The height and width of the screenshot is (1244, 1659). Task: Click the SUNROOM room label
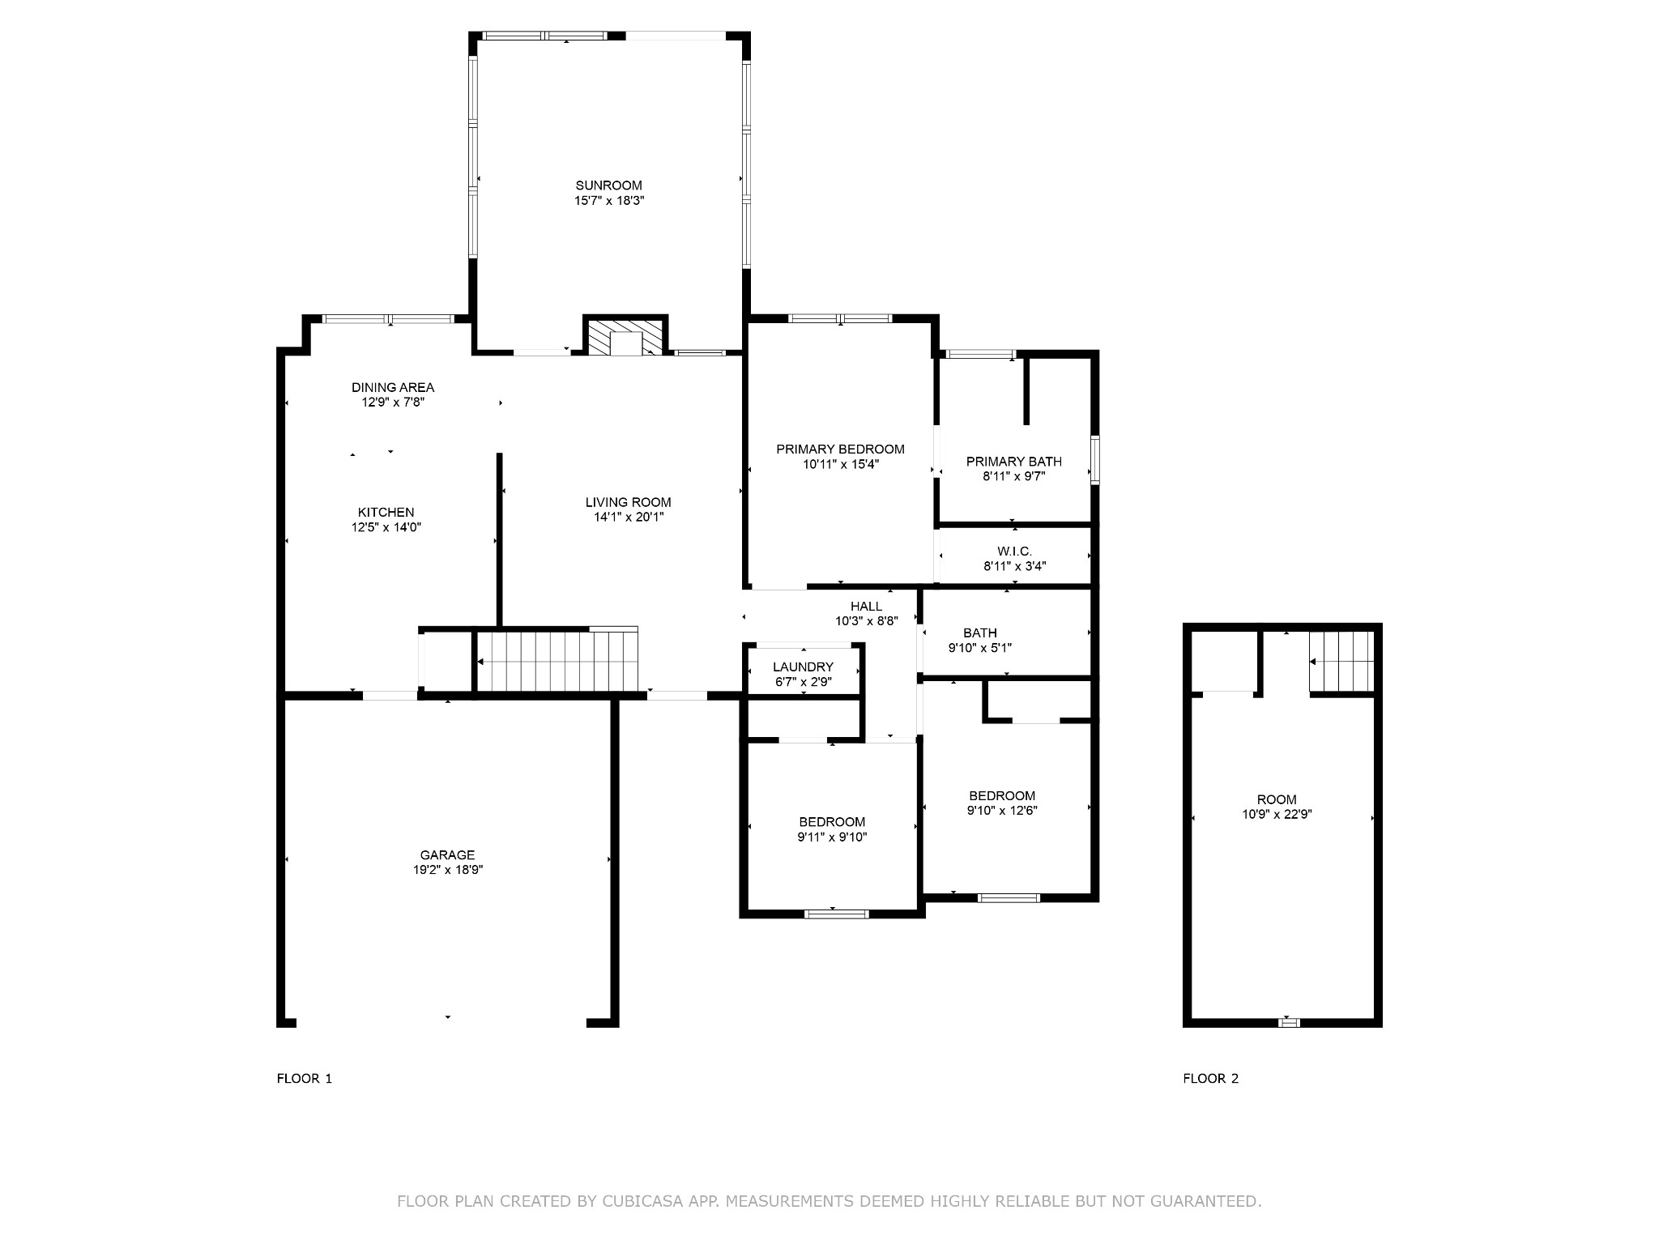click(x=609, y=185)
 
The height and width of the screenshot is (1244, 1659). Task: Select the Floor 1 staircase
click(x=557, y=661)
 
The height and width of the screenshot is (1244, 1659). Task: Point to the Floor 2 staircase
click(x=1341, y=662)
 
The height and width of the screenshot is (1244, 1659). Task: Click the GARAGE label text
click(x=447, y=855)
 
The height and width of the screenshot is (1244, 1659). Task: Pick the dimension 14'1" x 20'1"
click(x=629, y=518)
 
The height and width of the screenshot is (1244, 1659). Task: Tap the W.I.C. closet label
click(x=1015, y=552)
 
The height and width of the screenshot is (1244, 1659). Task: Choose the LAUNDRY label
click(x=803, y=667)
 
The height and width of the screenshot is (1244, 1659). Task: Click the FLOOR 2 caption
click(x=1211, y=1078)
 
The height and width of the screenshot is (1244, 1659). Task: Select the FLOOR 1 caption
click(x=305, y=1078)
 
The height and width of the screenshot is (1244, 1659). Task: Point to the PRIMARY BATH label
click(x=1014, y=462)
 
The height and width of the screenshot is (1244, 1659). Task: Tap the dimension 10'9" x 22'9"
click(x=1277, y=815)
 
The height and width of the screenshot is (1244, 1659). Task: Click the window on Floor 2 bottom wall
click(x=1289, y=1023)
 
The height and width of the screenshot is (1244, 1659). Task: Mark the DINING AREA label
click(x=393, y=387)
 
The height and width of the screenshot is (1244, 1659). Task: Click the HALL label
click(x=867, y=607)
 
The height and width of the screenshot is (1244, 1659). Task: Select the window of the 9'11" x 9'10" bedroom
click(x=837, y=914)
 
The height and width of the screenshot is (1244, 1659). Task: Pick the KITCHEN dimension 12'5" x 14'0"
click(x=386, y=527)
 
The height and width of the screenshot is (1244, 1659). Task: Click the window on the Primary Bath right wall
click(x=1094, y=460)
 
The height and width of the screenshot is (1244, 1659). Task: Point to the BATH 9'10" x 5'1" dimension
click(x=980, y=648)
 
